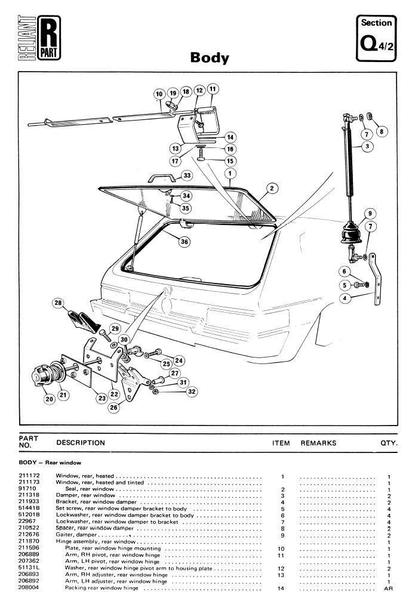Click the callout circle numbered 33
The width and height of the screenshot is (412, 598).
tap(187, 176)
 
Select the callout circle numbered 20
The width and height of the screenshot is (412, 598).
tap(48, 399)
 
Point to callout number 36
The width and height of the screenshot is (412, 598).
tap(185, 241)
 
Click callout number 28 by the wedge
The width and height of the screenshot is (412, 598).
tap(58, 304)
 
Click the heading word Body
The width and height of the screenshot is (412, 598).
tap(210, 58)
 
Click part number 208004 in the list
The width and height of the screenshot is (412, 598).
tap(29, 587)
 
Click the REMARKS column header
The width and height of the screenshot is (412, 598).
tap(319, 443)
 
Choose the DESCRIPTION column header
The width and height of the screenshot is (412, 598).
tap(80, 443)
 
